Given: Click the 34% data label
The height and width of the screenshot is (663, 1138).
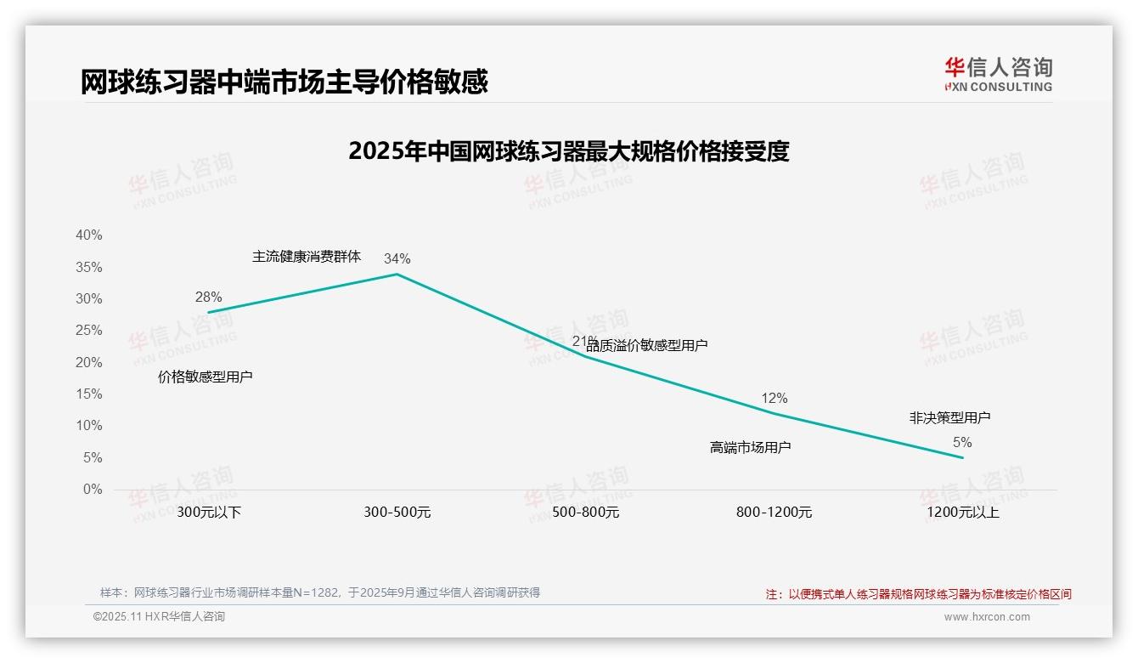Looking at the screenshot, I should click(x=397, y=258).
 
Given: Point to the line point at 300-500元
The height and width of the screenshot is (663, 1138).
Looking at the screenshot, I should click(x=397, y=274).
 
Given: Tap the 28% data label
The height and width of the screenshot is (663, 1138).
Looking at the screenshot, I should click(x=208, y=297).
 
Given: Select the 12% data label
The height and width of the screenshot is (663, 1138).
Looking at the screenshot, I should click(x=774, y=398).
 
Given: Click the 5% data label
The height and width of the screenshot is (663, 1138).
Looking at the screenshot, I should click(x=962, y=442).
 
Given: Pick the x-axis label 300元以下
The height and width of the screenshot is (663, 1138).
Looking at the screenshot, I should click(x=209, y=513).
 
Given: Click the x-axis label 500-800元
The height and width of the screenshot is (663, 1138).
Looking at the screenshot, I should click(x=586, y=513).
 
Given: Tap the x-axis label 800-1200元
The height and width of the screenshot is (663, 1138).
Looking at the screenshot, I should click(x=774, y=513).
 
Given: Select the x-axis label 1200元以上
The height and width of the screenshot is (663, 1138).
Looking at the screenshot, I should click(x=962, y=513).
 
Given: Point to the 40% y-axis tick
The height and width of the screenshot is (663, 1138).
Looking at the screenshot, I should click(x=89, y=235).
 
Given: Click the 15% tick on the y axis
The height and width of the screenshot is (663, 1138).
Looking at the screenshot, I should click(x=89, y=394).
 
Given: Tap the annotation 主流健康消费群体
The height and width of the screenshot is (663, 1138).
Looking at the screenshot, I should click(x=307, y=256).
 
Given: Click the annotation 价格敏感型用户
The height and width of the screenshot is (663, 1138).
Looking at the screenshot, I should click(x=206, y=377).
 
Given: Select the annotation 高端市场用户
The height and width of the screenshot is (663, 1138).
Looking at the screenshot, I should click(x=750, y=447).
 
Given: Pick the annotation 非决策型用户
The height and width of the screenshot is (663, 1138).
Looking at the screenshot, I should click(x=949, y=417).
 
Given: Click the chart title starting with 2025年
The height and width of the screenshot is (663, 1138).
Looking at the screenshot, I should click(x=569, y=151).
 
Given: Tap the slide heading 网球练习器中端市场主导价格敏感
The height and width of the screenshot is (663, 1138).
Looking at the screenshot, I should click(x=284, y=82).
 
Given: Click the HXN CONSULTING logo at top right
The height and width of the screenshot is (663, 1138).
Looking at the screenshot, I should click(x=998, y=75).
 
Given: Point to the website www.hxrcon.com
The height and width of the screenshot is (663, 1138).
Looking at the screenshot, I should click(x=987, y=617).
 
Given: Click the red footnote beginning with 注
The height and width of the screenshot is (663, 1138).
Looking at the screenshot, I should click(x=918, y=594).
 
